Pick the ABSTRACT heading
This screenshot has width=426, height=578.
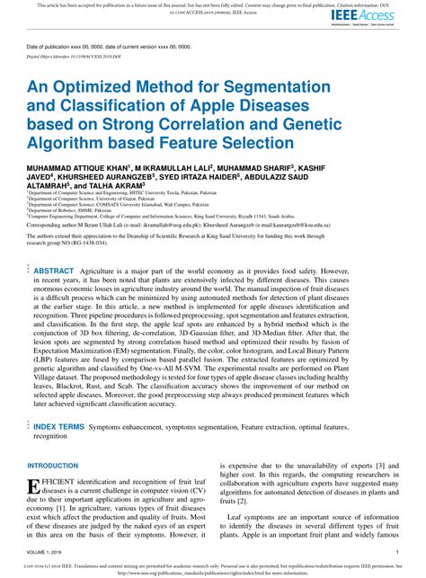tap(53, 245)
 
